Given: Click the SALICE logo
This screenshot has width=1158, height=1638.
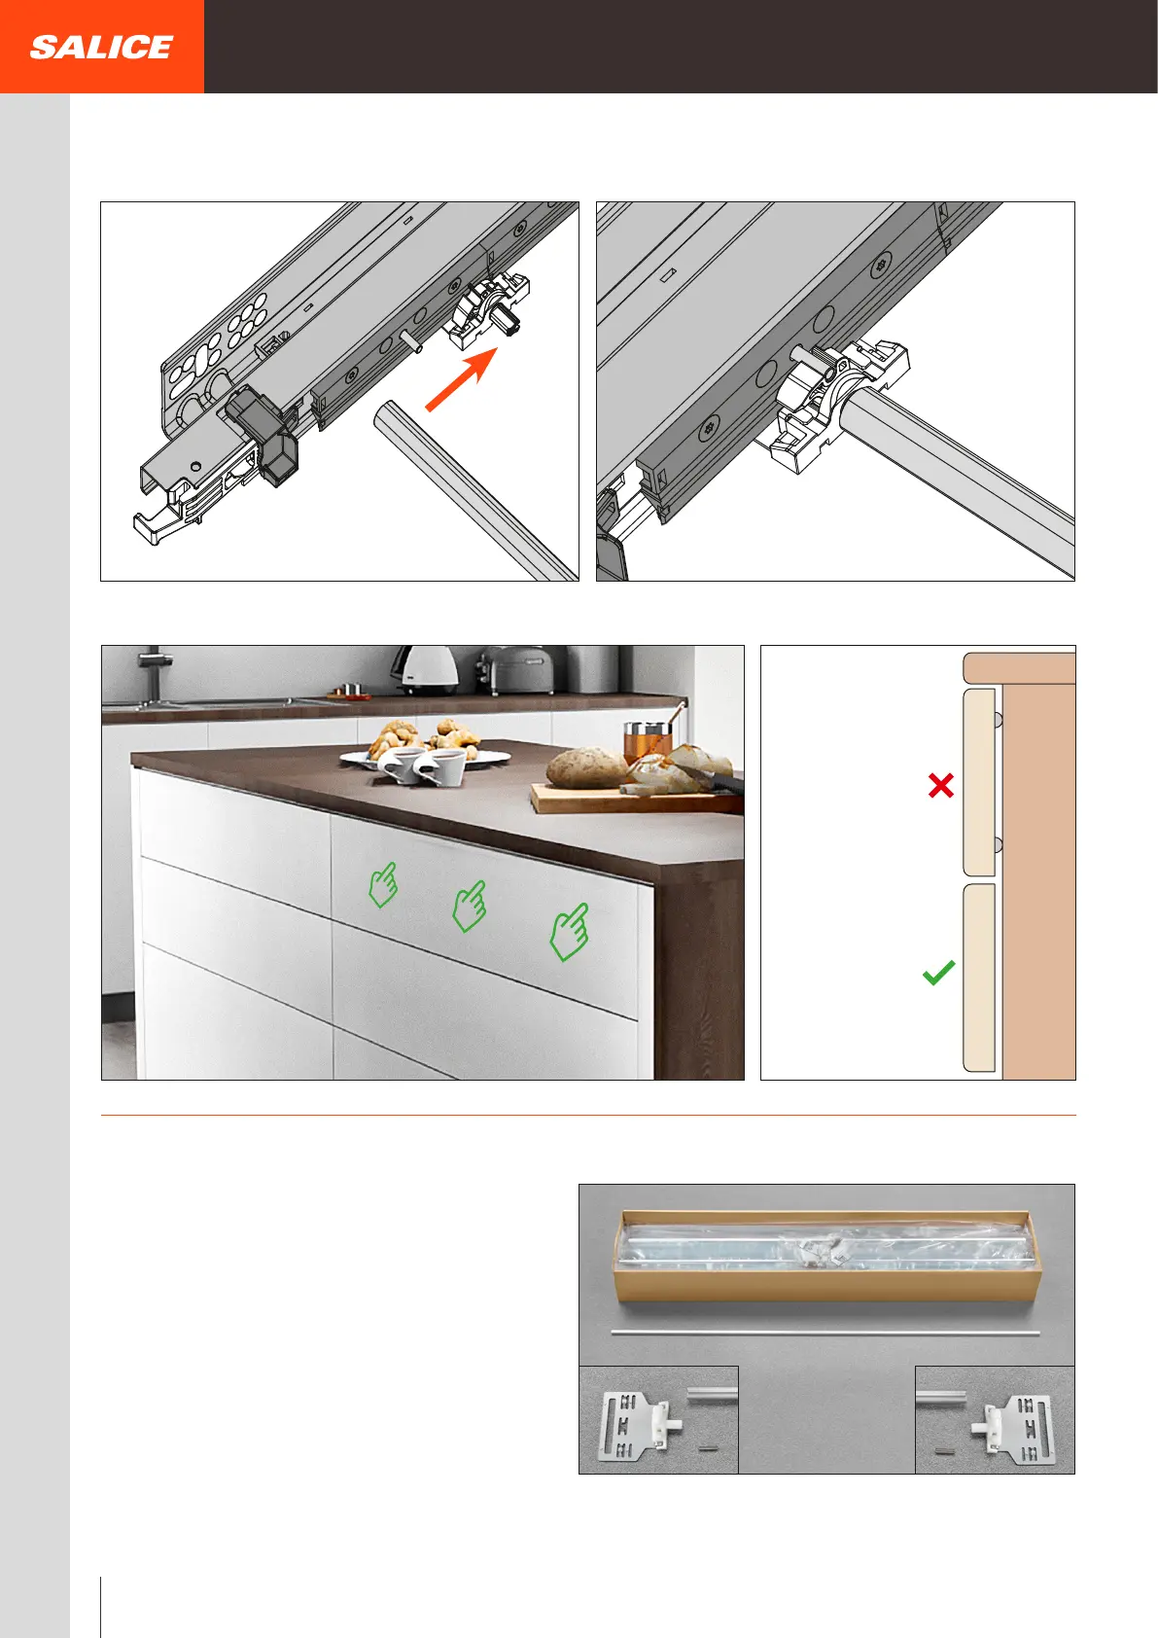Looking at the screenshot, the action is pyautogui.click(x=101, y=48).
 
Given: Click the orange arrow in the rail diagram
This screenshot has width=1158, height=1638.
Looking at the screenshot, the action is pyautogui.click(x=461, y=378).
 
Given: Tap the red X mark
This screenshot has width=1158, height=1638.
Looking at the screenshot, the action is pyautogui.click(x=941, y=785).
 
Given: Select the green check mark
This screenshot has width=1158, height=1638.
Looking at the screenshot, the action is pyautogui.click(x=938, y=973).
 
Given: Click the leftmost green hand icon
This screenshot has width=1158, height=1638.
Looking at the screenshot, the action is pyautogui.click(x=384, y=885).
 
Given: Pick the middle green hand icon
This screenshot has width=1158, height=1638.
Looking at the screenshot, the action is pyautogui.click(x=470, y=906).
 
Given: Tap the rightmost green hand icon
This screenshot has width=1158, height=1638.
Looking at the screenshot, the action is pyautogui.click(x=570, y=933).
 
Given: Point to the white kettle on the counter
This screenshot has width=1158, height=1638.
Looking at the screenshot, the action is pyautogui.click(x=429, y=670).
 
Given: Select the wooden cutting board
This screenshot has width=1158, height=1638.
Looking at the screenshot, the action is pyautogui.click(x=636, y=799).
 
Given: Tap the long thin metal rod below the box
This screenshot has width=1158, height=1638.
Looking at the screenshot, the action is pyautogui.click(x=825, y=1334).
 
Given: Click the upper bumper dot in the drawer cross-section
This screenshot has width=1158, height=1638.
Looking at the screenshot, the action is pyautogui.click(x=998, y=720).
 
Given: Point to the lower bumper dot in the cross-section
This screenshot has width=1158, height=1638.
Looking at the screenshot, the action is pyautogui.click(x=998, y=845).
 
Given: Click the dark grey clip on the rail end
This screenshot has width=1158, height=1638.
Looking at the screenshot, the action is pyautogui.click(x=262, y=437).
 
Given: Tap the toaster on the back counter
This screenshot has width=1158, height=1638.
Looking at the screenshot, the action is pyautogui.click(x=519, y=669).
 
